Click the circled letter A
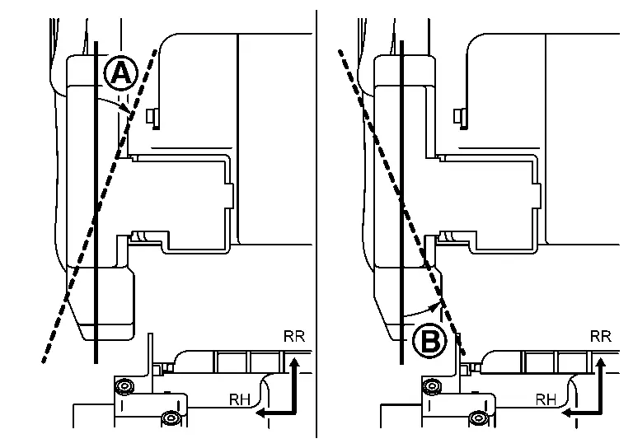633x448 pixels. (120, 73)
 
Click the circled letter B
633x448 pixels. (430, 341)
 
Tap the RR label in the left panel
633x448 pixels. (294, 336)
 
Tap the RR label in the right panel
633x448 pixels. (601, 336)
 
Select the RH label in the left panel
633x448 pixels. (240, 399)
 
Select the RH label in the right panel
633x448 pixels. (546, 399)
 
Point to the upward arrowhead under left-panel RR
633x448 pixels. (294, 362)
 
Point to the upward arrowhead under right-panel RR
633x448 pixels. (601, 362)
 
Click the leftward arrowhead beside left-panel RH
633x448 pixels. (262, 412)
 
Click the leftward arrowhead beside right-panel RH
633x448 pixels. (569, 412)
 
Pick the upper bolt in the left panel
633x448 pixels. (124, 387)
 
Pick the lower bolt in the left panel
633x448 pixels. (171, 418)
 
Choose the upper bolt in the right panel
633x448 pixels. (431, 387)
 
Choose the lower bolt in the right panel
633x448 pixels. (478, 418)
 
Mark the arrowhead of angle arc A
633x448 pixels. (126, 108)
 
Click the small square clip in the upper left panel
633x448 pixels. (152, 117)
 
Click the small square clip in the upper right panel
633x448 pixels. (458, 117)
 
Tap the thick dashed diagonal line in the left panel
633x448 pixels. (99, 206)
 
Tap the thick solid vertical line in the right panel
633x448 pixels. (401, 202)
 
